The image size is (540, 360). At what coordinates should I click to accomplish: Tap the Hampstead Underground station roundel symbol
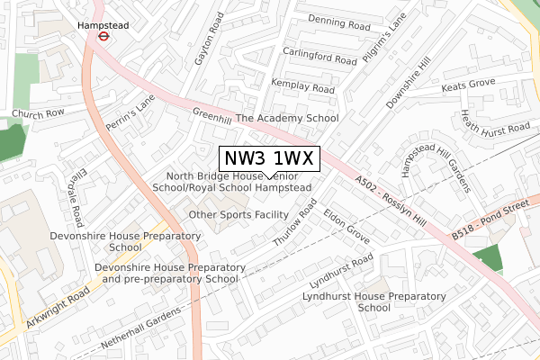coord(103,38)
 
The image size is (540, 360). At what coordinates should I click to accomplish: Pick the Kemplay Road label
coord(302,87)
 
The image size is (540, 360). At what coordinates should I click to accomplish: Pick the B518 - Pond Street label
coord(494,220)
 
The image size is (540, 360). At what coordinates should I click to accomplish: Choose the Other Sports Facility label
coord(238,215)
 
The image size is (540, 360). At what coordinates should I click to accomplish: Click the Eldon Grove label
coord(346,228)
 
